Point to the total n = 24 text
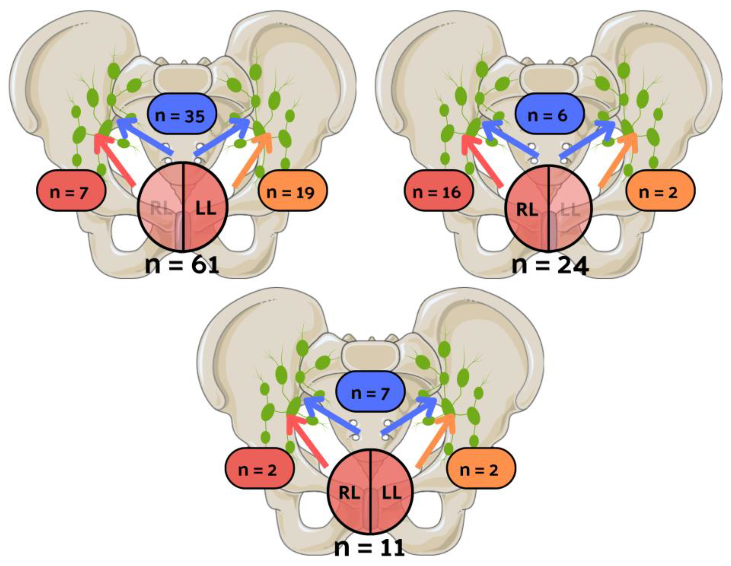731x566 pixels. (x=550, y=266)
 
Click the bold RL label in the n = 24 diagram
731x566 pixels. (x=527, y=209)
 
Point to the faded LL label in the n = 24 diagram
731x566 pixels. (x=570, y=209)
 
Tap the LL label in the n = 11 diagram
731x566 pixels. (x=392, y=493)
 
